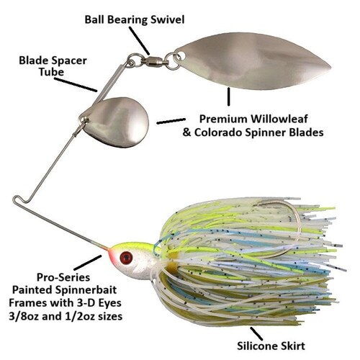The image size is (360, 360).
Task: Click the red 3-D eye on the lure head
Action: point(126,258)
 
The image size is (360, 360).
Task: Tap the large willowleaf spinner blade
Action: point(252,61)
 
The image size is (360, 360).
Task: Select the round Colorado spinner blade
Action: point(115,122)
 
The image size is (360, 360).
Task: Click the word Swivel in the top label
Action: point(168,19)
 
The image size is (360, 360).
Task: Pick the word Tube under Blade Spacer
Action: point(52,72)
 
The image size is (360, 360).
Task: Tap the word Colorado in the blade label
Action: point(218,132)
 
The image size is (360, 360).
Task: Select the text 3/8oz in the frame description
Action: point(24,316)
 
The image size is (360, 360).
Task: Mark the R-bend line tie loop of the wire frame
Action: point(19,200)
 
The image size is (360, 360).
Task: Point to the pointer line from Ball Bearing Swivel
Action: point(139,40)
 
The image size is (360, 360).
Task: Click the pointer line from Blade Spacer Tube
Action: point(76,84)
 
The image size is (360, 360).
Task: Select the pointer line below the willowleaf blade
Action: point(229,96)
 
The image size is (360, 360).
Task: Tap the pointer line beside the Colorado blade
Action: point(171,121)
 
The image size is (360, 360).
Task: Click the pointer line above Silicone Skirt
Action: point(256,333)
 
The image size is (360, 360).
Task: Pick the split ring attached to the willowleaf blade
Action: point(173,61)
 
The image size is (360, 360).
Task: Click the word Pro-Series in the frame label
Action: point(63,277)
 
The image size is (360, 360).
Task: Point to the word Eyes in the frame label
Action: point(109,303)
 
